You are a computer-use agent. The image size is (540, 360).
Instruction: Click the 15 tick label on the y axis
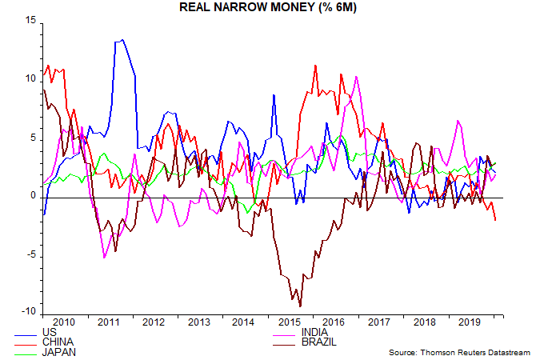coord(31,21)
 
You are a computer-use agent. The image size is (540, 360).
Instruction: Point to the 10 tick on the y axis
coord(31,79)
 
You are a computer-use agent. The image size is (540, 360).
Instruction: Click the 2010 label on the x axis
coord(63,322)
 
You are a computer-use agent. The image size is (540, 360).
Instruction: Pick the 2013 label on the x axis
coord(200,322)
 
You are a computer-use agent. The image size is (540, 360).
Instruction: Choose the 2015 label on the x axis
coord(290,322)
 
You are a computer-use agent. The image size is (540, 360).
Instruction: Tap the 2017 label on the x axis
coord(381,322)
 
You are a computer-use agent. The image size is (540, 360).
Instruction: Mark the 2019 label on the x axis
coord(471,322)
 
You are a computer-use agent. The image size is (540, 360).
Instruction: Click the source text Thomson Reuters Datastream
coord(462,352)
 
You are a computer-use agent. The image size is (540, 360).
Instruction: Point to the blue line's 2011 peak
coord(122,39)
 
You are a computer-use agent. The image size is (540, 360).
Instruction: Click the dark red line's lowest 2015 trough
coord(300,306)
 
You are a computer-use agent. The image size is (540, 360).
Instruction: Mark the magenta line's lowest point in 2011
coord(105,258)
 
